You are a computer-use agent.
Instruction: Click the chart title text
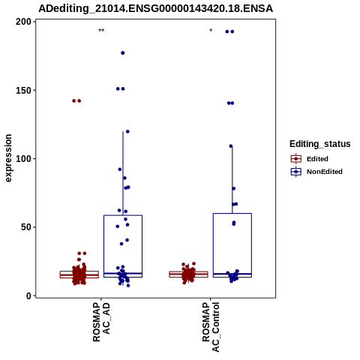coord(155,8)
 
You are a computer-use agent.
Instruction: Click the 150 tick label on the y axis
coord(23,90)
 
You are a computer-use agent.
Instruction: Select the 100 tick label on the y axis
coord(23,159)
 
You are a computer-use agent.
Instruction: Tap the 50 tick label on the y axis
coord(26,227)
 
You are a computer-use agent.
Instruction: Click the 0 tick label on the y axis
coord(28,295)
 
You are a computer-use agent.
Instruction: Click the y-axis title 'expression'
coord(8,158)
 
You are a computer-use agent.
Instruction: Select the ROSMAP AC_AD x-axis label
coord(101,322)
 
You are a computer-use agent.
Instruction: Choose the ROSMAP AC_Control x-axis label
coord(211,327)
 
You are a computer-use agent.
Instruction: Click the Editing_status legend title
coord(320,144)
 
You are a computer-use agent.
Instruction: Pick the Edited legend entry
coord(310,159)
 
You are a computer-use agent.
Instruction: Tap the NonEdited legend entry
coord(316,172)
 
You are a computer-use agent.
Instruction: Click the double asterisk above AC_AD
coord(101,31)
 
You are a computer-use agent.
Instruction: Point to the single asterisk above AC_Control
coord(211,31)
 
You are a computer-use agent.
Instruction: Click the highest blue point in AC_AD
coord(123,53)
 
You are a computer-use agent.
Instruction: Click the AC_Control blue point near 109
coord(231,146)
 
